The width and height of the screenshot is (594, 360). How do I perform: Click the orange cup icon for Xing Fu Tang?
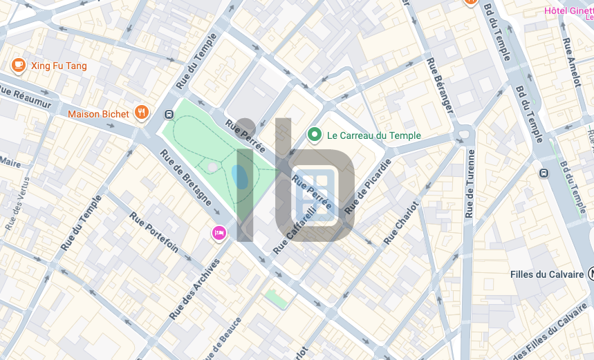(19, 66)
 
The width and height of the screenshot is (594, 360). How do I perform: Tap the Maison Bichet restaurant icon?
(142, 113)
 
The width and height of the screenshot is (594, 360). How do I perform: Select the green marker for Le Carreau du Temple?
(315, 135)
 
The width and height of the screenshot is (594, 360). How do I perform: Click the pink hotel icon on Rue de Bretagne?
(219, 233)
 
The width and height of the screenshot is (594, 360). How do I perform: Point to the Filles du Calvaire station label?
(547, 274)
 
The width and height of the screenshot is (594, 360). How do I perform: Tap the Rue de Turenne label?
(471, 183)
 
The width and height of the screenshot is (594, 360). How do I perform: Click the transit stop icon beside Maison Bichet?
(169, 115)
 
